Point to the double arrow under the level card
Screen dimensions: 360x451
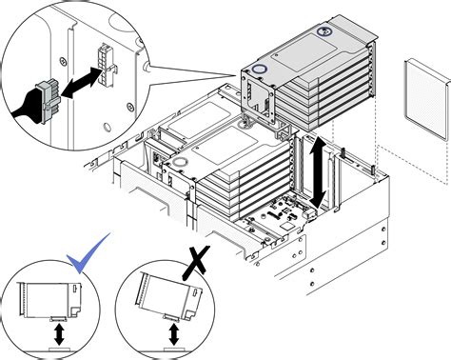coord(60,335)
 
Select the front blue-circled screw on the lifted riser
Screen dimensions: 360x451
coord(261,70)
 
